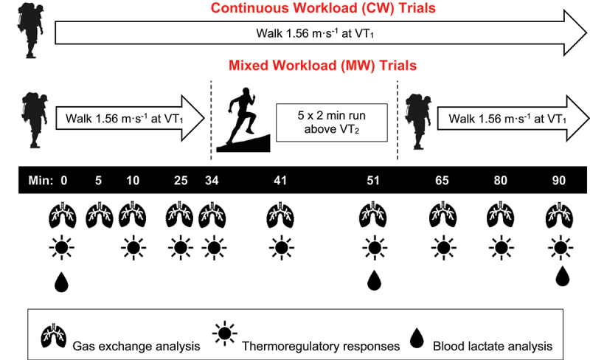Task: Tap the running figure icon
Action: pyautogui.click(x=240, y=118)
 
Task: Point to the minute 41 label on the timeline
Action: pyautogui.click(x=278, y=180)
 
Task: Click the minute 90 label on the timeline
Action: pyautogui.click(x=562, y=180)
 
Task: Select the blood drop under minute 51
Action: pyautogui.click(x=375, y=280)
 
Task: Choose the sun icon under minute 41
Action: pyautogui.click(x=278, y=246)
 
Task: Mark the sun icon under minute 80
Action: pyautogui.click(x=501, y=246)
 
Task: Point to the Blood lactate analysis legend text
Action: pyautogui.click(x=492, y=344)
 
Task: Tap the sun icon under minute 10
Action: pyautogui.click(x=132, y=246)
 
